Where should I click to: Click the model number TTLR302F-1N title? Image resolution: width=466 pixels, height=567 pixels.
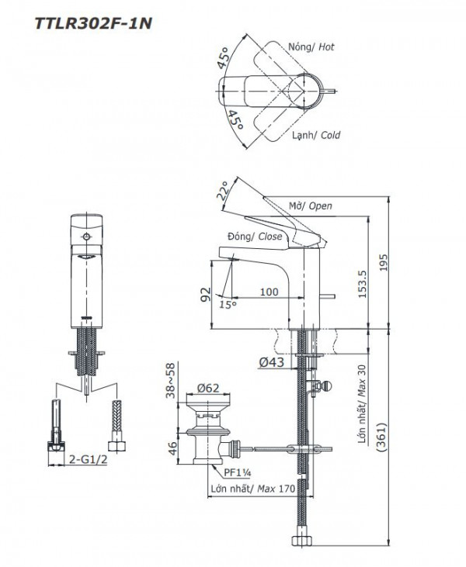pos(92,23)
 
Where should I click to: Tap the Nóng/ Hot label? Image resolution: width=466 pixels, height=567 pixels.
pos(311,47)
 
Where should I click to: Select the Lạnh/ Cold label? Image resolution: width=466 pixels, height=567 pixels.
pos(315,135)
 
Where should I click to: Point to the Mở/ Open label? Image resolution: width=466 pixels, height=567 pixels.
pos(310,206)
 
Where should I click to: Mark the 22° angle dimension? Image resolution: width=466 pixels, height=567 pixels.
pos(223,191)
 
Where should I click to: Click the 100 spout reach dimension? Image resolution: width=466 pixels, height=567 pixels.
pos(269,292)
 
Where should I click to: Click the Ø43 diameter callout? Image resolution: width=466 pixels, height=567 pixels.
pos(269,361)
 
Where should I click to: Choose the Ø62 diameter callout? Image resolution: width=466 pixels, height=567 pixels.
pos(207,387)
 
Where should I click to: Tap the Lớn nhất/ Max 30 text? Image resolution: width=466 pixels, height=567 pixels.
pos(362,406)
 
